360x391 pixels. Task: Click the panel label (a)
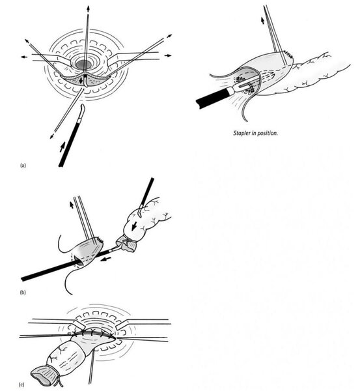pyautogui.click(x=23, y=166)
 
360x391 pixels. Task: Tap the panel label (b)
pyautogui.click(x=23, y=293)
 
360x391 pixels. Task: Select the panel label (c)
pyautogui.click(x=21, y=384)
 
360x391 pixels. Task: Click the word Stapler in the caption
pyautogui.click(x=242, y=133)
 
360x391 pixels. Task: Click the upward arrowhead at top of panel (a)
pyautogui.click(x=88, y=8)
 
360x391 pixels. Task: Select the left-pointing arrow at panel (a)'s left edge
pyautogui.click(x=24, y=57)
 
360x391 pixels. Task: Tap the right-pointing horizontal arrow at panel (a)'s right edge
pyautogui.click(x=168, y=55)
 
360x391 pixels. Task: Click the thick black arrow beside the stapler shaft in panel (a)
pyautogui.click(x=62, y=147)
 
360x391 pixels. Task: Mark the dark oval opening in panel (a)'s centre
pyautogui.click(x=84, y=65)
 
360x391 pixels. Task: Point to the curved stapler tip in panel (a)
pyautogui.click(x=83, y=109)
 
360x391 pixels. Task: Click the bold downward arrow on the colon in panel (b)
pyautogui.click(x=134, y=226)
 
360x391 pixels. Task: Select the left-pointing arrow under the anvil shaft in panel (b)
pyautogui.click(x=106, y=259)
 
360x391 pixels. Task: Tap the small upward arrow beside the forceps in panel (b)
pyautogui.click(x=72, y=205)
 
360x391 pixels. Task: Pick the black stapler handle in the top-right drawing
pyautogui.click(x=214, y=98)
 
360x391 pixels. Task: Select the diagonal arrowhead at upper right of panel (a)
pyautogui.click(x=170, y=36)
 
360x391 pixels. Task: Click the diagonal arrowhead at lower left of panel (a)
pyautogui.click(x=51, y=136)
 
